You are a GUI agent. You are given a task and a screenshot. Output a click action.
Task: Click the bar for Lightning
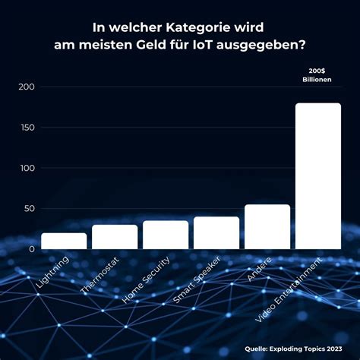pos(64,241)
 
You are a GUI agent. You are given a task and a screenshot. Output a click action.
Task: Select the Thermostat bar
pos(115,237)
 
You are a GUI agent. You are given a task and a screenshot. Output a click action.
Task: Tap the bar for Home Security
pos(166,235)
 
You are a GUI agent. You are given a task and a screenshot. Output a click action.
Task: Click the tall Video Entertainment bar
pos(317,176)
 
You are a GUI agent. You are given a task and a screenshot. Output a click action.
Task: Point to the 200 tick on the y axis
pos(26,87)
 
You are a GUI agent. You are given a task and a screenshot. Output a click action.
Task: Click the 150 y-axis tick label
pos(26,127)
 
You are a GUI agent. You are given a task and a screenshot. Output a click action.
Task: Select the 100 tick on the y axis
pos(26,168)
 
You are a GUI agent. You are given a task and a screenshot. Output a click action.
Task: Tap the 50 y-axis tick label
pos(29,208)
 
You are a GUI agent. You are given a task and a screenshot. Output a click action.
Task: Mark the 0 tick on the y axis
pos(32,249)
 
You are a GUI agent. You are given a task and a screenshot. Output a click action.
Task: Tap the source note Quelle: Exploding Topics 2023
pos(292,349)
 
